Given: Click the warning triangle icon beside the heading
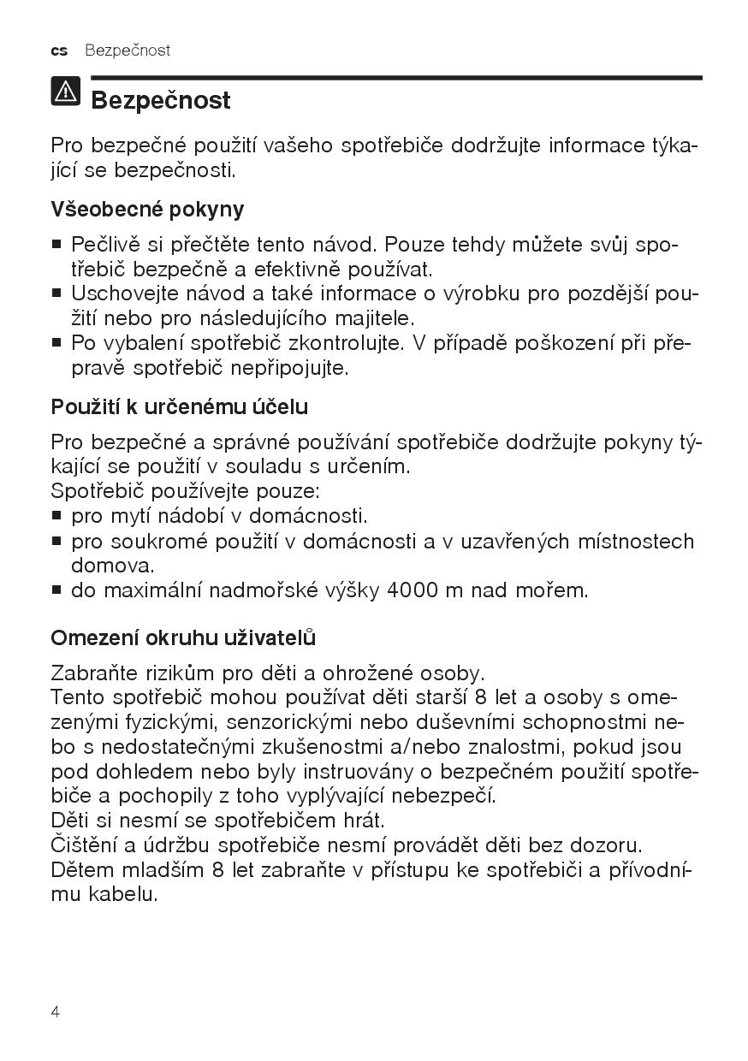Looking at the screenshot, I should point(66,92).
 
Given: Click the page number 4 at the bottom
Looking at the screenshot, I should point(56,1012).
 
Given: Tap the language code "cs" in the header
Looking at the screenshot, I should point(59,50).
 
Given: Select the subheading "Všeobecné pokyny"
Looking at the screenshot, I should point(147,210).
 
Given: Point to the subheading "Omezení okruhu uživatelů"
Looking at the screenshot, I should point(183,638).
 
